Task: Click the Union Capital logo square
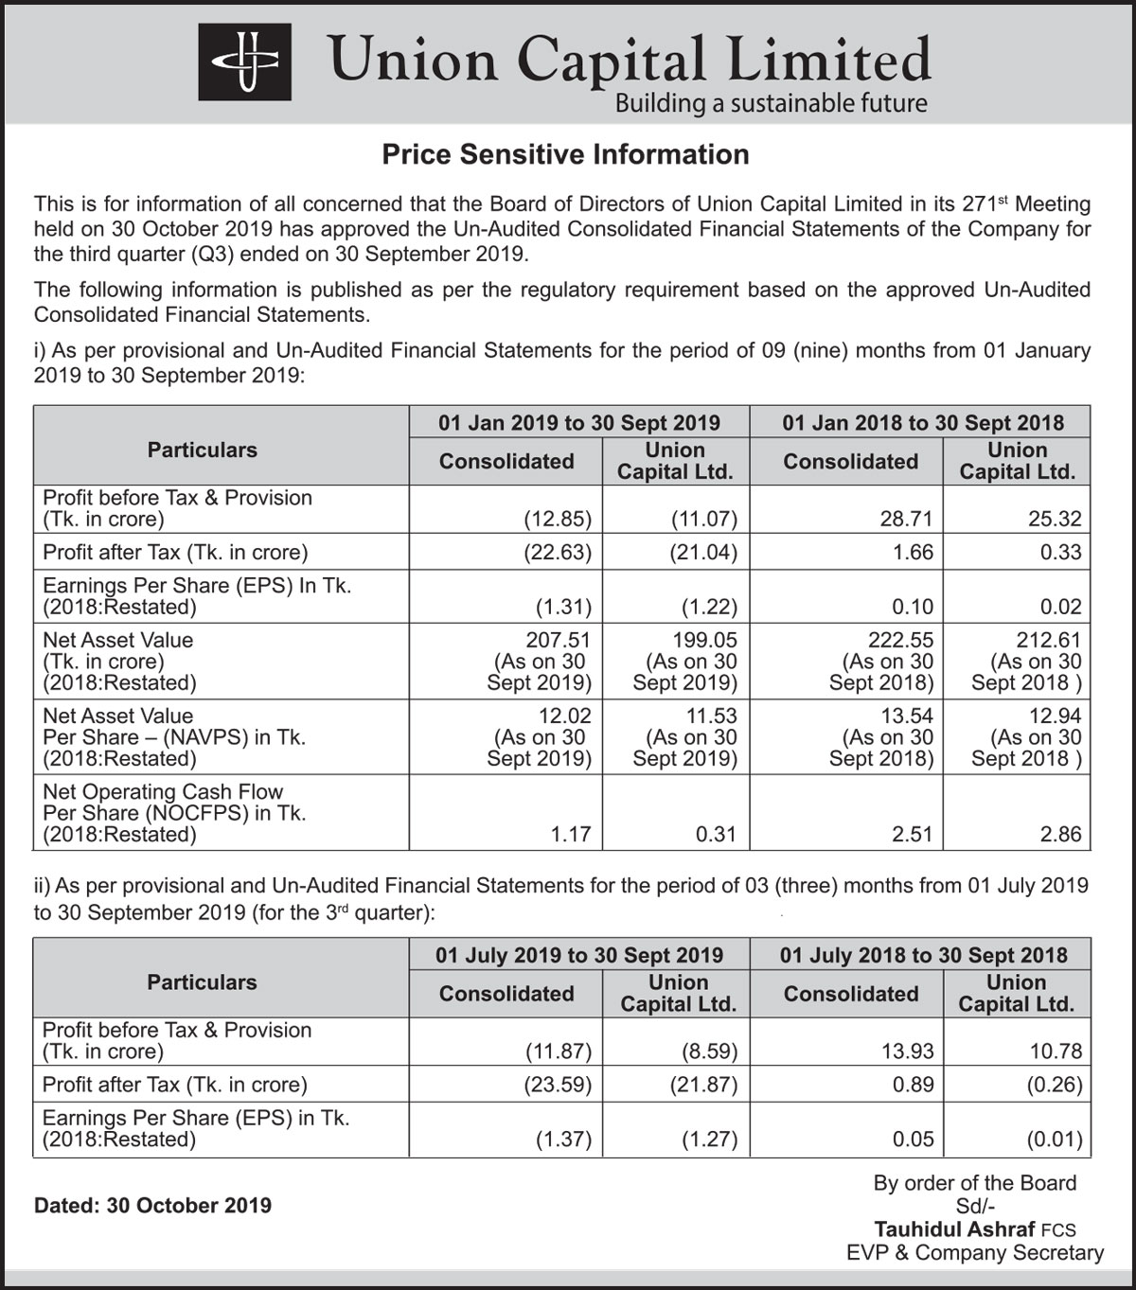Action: point(244,62)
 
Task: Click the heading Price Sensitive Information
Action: point(565,154)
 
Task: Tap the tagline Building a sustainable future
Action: point(771,103)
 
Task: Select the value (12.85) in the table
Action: point(558,519)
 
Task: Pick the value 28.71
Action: point(906,519)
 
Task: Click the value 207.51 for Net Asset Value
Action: point(558,640)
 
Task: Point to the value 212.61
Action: point(1048,640)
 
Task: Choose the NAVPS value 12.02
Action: point(565,716)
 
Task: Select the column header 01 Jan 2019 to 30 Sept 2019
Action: point(579,423)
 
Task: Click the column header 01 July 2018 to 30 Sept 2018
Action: point(923,955)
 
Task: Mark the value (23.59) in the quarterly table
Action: point(558,1085)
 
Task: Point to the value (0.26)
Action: point(1054,1085)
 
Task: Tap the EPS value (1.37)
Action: point(563,1140)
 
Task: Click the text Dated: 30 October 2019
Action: point(152,1206)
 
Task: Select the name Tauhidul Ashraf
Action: point(954,1229)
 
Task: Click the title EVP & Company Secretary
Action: point(975,1253)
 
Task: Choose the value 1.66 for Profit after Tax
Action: point(913,552)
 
